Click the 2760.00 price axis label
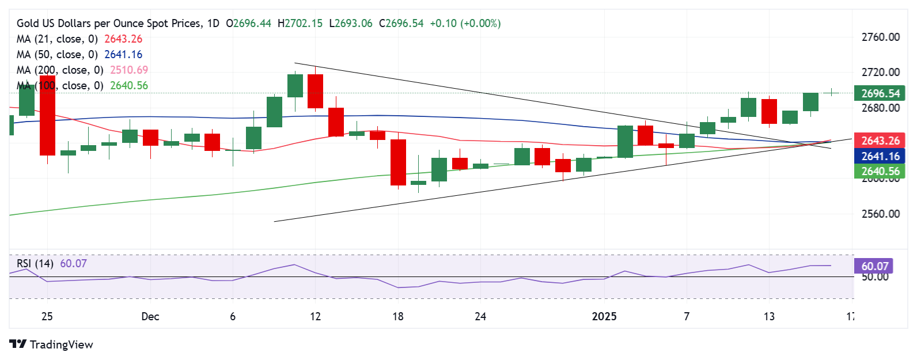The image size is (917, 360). click(x=880, y=37)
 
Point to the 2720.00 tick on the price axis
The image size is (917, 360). click(x=880, y=73)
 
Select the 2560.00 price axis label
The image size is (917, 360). click(x=880, y=214)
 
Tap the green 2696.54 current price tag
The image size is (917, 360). click(x=880, y=93)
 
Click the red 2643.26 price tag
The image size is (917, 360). click(x=880, y=141)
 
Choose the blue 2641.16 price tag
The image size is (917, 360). click(x=880, y=156)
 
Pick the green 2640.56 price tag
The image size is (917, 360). click(x=880, y=171)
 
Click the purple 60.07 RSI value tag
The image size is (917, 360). click(x=874, y=266)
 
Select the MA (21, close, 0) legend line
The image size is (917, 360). click(x=57, y=39)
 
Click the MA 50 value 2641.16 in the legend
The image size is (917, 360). click(x=123, y=55)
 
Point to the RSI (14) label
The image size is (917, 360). click(x=35, y=264)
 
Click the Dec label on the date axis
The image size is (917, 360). click(x=150, y=316)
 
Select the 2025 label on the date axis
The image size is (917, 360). click(x=604, y=316)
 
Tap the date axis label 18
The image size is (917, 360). click(x=398, y=316)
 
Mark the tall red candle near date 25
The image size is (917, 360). click(x=47, y=115)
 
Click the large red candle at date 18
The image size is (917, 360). click(x=398, y=162)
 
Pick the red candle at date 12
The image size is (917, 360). click(x=316, y=91)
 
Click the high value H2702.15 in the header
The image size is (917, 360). click(x=300, y=24)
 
